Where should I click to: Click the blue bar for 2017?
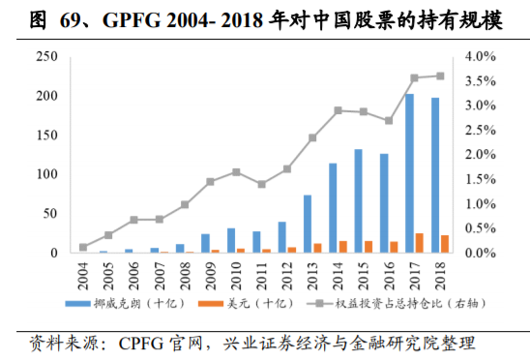[x=409, y=173]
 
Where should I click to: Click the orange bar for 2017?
[x=419, y=243]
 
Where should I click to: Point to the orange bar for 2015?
[x=368, y=247]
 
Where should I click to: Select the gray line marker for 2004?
[x=83, y=247]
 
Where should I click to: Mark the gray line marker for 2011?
[x=261, y=184]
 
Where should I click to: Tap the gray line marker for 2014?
[x=338, y=110]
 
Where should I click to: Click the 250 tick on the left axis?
[x=44, y=57]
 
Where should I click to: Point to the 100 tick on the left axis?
[x=44, y=174]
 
